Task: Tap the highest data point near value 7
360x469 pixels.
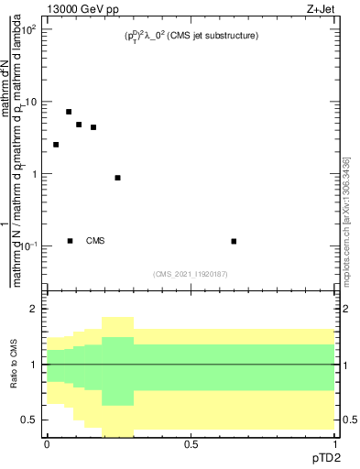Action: (x=69, y=112)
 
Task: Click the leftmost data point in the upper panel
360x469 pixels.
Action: (x=56, y=145)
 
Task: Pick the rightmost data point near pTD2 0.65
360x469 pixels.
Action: (x=235, y=241)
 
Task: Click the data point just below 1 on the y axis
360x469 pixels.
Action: (x=117, y=178)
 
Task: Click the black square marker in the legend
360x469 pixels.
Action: (x=70, y=241)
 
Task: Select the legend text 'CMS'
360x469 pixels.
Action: (x=95, y=241)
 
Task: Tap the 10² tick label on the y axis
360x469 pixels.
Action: (x=29, y=30)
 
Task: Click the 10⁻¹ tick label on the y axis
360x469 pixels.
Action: (x=29, y=246)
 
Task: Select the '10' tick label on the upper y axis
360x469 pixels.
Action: (x=31, y=103)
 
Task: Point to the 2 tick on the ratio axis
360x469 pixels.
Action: (x=35, y=310)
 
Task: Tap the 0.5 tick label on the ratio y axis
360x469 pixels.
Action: (x=30, y=420)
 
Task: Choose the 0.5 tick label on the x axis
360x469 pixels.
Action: (x=191, y=445)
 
